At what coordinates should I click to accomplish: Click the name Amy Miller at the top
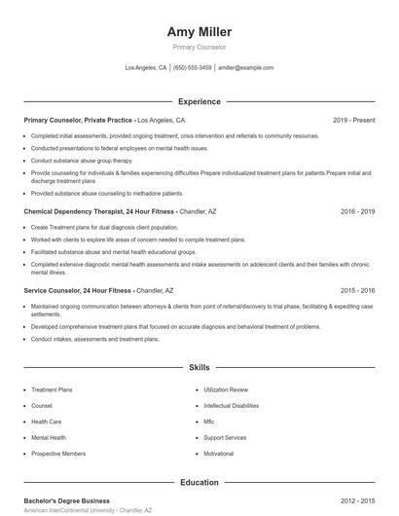tap(199, 32)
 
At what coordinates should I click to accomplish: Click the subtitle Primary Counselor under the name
tap(199, 47)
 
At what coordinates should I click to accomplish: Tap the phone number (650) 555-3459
tap(192, 68)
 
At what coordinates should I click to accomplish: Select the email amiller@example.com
tap(245, 68)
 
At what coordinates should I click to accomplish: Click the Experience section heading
tap(199, 101)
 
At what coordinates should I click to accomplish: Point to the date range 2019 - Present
tap(353, 120)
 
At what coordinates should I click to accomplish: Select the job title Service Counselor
tap(57, 290)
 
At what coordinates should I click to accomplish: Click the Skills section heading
tap(199, 368)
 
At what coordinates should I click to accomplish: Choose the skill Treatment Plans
tap(52, 388)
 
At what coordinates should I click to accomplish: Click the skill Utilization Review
tap(226, 388)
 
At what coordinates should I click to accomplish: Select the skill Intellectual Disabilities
tap(231, 405)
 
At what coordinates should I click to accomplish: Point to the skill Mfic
tap(209, 422)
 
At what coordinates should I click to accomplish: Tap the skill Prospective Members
tap(58, 454)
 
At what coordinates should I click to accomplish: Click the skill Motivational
tap(219, 454)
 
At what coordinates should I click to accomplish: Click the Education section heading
tap(199, 482)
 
